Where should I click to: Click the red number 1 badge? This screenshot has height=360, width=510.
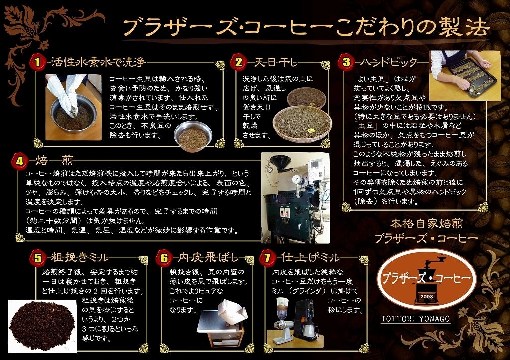point(38,61)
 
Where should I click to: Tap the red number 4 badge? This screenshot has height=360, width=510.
point(20,161)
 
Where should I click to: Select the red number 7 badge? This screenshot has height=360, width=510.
point(268,258)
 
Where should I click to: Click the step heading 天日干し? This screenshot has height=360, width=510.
point(276,61)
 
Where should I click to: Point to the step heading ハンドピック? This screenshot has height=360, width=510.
point(388,61)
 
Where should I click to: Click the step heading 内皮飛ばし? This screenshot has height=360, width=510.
point(209,258)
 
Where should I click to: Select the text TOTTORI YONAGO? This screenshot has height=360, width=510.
point(415,318)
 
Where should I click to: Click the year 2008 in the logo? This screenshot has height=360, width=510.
point(426,297)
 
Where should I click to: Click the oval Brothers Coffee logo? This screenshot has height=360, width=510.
point(426,279)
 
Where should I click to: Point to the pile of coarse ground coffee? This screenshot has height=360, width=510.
point(42,326)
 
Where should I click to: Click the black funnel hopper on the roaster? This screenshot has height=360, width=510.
point(281,163)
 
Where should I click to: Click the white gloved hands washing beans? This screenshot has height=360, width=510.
point(63,91)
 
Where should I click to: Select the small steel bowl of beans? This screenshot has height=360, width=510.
point(193,136)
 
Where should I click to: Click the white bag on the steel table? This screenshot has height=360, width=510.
point(232,313)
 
